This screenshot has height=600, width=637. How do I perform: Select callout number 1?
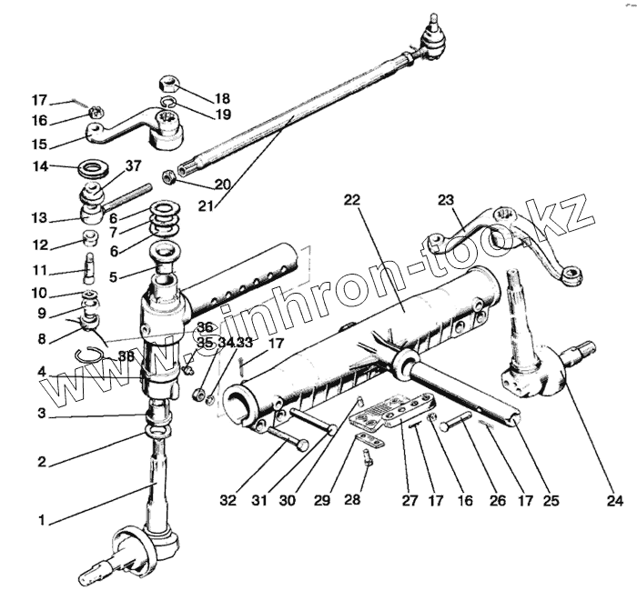[40, 521]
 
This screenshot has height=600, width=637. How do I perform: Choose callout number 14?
[39, 166]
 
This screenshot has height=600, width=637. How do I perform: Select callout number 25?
[550, 499]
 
